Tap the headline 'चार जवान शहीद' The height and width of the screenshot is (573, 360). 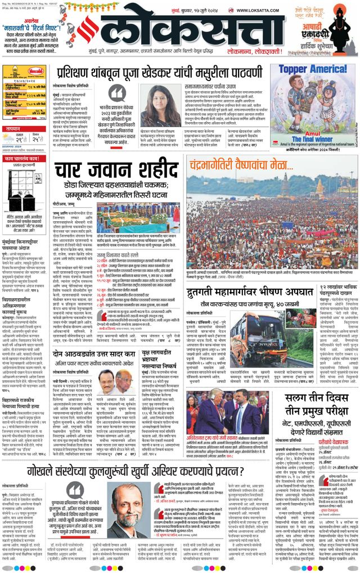116,171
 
